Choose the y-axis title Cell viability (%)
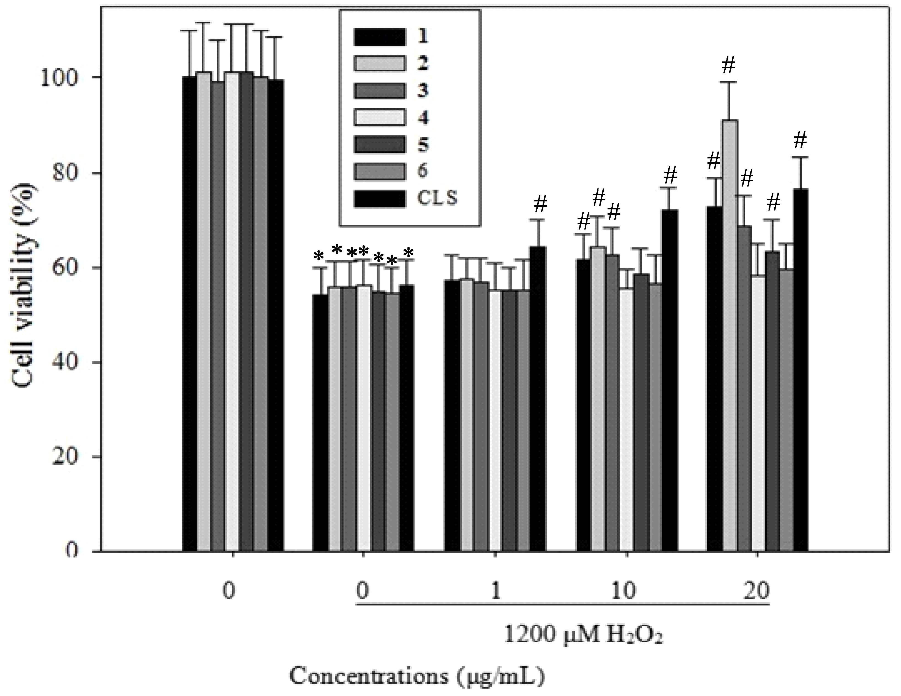point(25,285)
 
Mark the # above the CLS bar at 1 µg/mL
point(540,204)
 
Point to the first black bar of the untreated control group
point(189,314)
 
